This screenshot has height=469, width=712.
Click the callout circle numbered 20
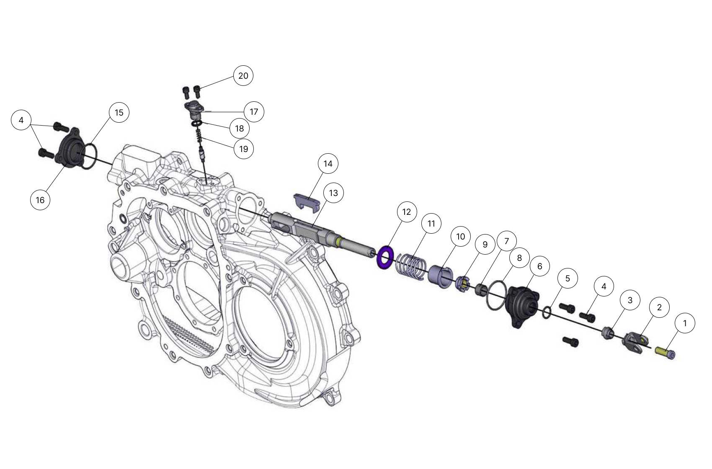tap(243, 76)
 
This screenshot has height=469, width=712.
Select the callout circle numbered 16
tap(40, 200)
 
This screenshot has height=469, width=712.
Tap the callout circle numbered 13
tap(333, 193)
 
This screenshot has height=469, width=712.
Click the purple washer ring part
tap(385, 258)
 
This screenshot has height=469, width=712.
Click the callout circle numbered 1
tap(685, 323)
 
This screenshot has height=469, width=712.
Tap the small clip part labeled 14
tap(307, 200)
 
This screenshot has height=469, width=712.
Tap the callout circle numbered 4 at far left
tap(21, 120)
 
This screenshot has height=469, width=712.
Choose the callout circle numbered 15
tap(119, 113)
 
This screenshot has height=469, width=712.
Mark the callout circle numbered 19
tap(244, 149)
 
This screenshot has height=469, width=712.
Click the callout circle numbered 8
tap(519, 258)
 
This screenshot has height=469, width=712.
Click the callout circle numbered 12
tap(407, 212)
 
